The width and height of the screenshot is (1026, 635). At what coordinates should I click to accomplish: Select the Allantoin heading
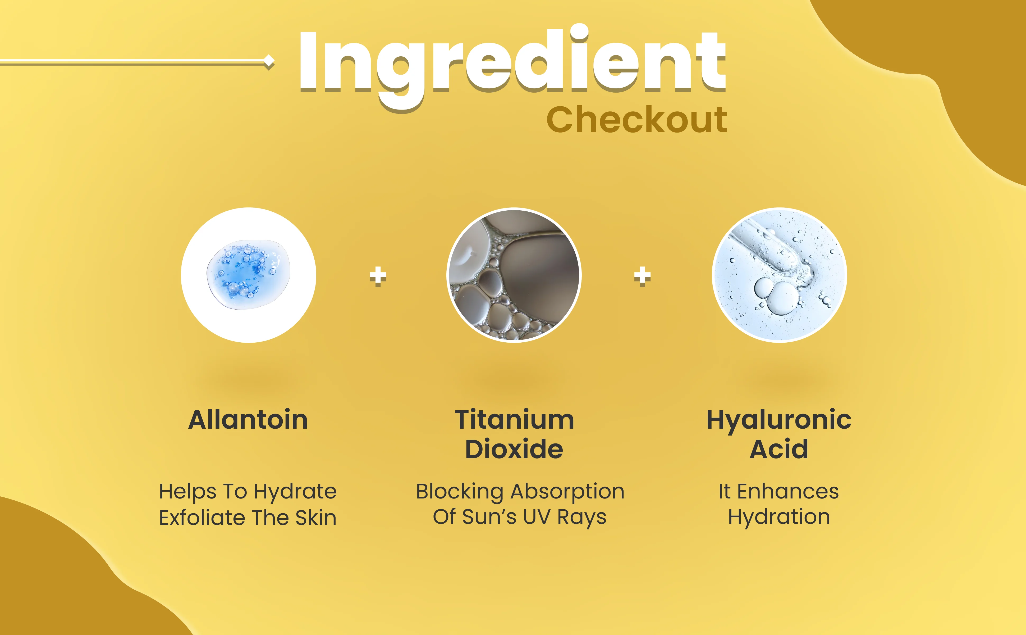248,420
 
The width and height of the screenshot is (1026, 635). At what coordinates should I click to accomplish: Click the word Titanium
515,420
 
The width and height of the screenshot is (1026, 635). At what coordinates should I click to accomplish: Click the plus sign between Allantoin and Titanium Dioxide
378,276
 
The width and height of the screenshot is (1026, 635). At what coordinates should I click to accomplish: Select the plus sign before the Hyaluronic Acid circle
643,276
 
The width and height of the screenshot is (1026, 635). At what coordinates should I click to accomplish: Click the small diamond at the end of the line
269,63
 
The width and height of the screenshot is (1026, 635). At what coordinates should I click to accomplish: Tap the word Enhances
788,491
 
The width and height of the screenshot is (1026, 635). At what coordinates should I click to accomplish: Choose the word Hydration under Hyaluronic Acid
779,518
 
